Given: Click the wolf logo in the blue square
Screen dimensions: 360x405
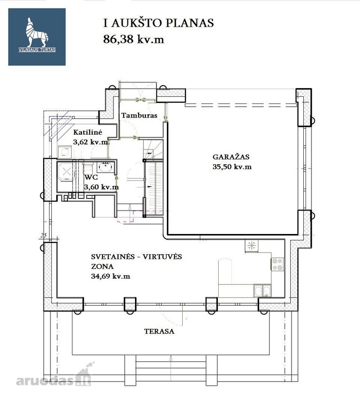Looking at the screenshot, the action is (37, 32).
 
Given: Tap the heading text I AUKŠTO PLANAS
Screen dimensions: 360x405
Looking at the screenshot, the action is (158, 23).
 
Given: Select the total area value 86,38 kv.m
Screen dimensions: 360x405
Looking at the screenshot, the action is (134, 39).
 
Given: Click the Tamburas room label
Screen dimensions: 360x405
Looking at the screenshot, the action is (139, 115).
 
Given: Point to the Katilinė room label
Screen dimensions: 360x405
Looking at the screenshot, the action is (88, 132).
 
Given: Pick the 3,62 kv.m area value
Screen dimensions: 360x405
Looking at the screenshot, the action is (90, 142).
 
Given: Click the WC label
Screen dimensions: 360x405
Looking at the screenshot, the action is (91, 177).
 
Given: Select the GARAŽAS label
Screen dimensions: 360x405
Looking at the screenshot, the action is (231, 157).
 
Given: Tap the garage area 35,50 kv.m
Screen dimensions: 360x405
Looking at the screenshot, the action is (232, 166).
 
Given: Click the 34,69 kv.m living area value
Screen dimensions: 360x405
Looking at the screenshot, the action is (111, 276).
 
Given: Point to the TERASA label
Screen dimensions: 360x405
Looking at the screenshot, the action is (159, 331).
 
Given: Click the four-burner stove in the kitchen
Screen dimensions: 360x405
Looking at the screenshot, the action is (278, 264).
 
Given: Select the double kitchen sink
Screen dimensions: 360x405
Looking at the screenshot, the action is (262, 291).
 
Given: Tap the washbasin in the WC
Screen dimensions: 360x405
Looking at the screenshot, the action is (106, 167).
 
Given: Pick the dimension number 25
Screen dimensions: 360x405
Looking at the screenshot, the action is (43, 235).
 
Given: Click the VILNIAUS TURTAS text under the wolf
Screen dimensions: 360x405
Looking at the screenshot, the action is (37, 50).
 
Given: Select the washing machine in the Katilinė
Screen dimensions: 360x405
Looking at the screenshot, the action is (64, 152).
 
